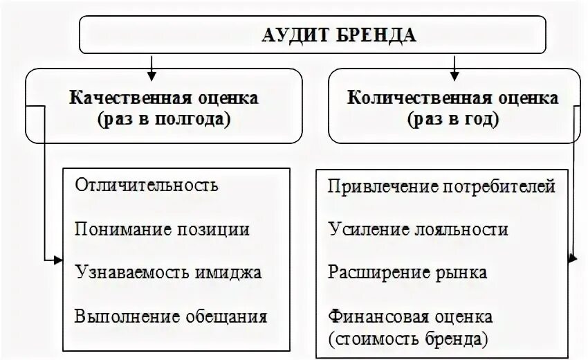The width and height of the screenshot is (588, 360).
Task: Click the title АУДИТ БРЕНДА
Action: click(x=339, y=35)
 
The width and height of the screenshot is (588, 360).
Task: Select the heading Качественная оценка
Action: click(x=164, y=98)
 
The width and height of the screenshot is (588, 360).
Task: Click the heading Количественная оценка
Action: click(x=454, y=98)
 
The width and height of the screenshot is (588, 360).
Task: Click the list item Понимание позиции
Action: click(x=163, y=229)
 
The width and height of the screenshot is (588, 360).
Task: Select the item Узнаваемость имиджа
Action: click(x=169, y=273)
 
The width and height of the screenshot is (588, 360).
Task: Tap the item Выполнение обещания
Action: click(x=171, y=317)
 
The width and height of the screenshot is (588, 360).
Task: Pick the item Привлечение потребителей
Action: click(x=442, y=186)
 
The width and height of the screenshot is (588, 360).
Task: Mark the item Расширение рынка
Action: click(x=407, y=273)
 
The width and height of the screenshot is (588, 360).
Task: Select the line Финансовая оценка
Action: click(x=411, y=317)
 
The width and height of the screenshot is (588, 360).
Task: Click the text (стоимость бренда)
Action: click(x=410, y=339)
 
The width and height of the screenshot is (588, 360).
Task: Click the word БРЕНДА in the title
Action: click(x=378, y=35)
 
